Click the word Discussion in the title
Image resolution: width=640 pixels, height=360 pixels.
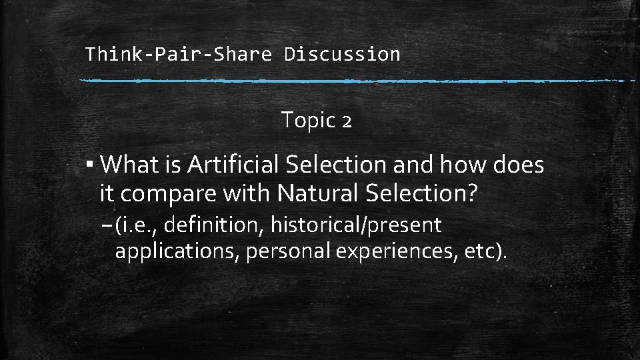tap(342, 54)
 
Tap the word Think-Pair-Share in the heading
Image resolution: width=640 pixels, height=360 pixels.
tap(179, 54)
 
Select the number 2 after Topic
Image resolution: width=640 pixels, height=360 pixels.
tap(346, 121)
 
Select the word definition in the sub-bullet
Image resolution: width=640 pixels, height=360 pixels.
tap(213, 225)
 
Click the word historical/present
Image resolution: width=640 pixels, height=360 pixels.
tap(356, 225)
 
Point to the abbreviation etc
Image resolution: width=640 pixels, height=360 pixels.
tap(483, 252)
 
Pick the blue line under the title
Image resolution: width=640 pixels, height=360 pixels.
tap(357, 81)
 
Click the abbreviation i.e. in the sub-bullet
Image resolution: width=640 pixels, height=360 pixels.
tap(137, 225)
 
